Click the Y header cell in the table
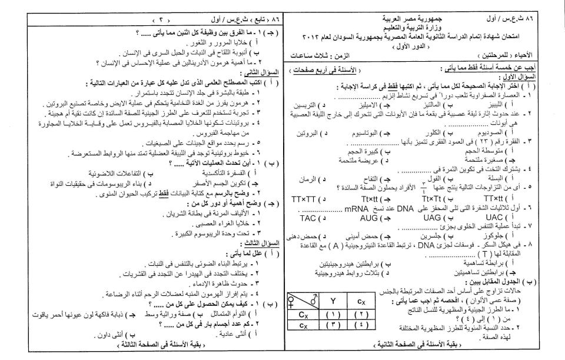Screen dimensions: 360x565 click(333, 304)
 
